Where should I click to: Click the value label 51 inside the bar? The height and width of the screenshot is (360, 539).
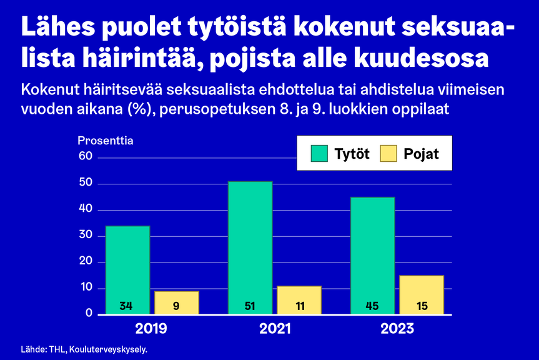click(250, 307)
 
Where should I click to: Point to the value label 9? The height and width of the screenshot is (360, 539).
click(177, 307)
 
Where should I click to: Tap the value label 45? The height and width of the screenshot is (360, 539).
click(372, 307)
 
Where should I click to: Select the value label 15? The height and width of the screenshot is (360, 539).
click(422, 307)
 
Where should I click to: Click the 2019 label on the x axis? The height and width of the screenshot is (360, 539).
click(152, 328)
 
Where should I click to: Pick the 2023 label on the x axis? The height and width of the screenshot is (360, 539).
click(397, 328)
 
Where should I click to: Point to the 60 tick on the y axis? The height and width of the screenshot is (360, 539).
click(86, 157)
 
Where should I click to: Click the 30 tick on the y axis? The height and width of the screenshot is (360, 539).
click(86, 236)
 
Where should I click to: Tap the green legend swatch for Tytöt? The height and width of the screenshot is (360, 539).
click(319, 153)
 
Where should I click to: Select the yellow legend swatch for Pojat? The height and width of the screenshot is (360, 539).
click(388, 153)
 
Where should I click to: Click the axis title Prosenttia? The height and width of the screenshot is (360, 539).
click(106, 141)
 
